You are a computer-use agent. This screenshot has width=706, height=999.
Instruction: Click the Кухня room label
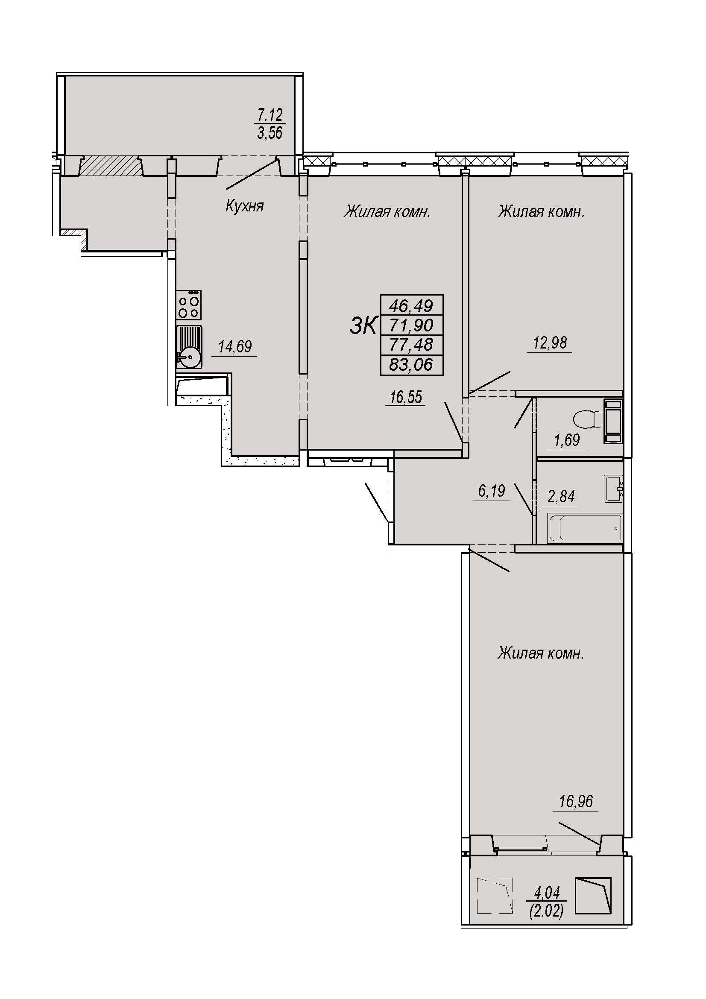point(244,206)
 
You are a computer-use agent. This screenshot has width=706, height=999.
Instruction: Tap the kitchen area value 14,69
point(235,346)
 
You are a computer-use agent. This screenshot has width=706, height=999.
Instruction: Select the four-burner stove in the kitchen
point(189,305)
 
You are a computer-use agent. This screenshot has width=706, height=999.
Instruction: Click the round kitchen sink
point(190,357)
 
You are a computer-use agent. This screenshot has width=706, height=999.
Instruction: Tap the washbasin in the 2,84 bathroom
point(613,489)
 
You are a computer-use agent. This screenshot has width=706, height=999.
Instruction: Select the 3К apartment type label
point(363,326)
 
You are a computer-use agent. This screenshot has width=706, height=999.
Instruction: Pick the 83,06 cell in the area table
point(411,365)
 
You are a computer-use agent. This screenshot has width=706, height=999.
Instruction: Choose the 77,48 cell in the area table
point(411,345)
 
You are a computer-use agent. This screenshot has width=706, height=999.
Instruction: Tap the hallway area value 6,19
point(492,491)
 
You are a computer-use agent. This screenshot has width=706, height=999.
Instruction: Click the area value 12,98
point(550,343)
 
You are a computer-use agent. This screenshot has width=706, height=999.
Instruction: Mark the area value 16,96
point(576,801)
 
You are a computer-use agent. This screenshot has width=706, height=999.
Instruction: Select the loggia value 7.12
point(270,115)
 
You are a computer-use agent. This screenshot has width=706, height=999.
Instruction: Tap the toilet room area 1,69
point(566,440)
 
